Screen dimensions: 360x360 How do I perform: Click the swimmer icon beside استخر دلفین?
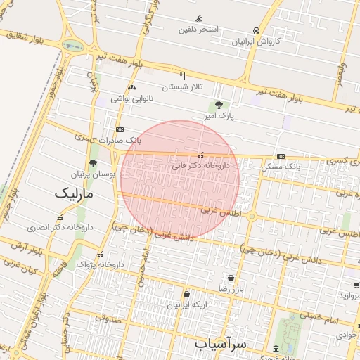[x=200, y=18]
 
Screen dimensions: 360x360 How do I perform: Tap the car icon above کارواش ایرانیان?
[x=257, y=30]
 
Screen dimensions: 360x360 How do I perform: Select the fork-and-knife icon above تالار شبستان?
[x=183, y=76]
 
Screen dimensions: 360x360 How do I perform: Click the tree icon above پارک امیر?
[x=218, y=104]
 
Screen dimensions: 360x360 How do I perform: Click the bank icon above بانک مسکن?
[x=281, y=156]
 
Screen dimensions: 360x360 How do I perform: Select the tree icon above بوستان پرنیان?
[x=93, y=162]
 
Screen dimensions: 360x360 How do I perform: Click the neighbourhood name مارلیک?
[x=74, y=192]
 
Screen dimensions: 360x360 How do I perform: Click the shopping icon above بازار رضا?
[x=231, y=278]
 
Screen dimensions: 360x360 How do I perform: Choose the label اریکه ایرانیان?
[x=187, y=305]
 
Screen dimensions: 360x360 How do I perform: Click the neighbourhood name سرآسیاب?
[x=221, y=344]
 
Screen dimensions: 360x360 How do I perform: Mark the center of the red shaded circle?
[x=180, y=180]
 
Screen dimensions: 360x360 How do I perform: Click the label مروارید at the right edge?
[x=349, y=295]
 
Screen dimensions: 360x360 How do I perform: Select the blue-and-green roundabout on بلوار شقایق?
[x=72, y=46]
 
